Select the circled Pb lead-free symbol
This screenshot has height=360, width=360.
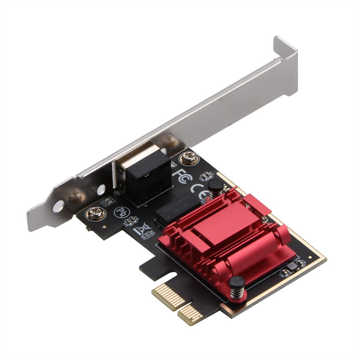121,212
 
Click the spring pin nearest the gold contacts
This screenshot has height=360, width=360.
237,287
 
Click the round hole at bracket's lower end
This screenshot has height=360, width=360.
58,206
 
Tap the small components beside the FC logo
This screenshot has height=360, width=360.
206,176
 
